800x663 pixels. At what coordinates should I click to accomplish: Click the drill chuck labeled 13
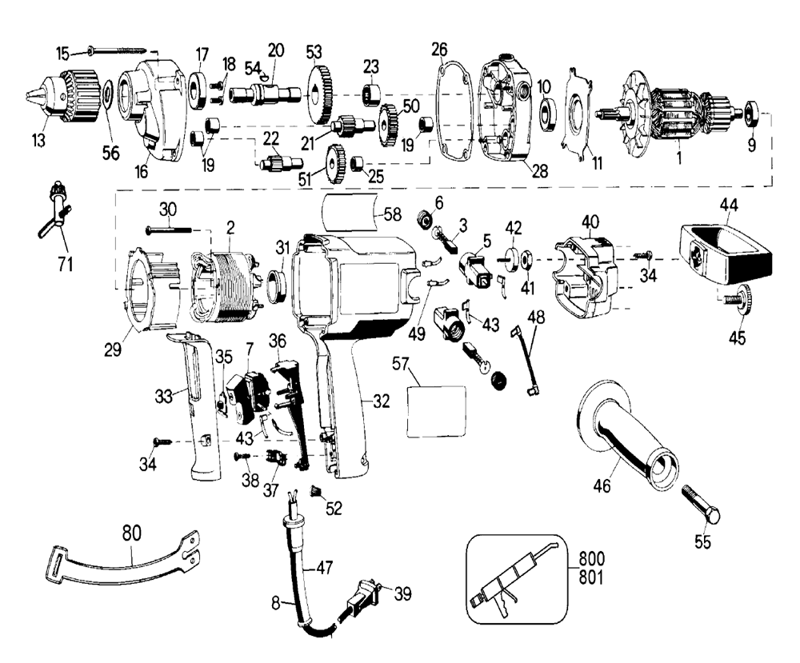(64, 97)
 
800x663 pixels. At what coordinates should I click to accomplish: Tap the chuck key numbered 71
(55, 210)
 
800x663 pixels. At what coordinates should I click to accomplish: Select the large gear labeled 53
(321, 96)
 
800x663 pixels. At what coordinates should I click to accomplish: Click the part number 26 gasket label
(439, 50)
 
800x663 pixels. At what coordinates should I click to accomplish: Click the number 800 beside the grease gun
(591, 558)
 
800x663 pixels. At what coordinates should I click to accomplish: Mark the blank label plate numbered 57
(437, 411)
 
